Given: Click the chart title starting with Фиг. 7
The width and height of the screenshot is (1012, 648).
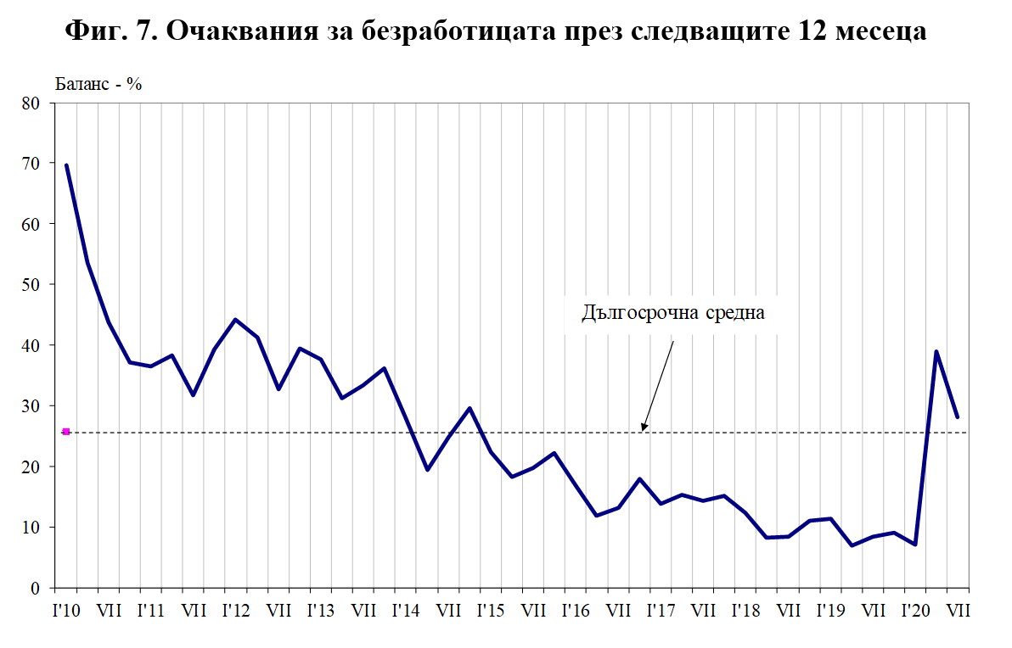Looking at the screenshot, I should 495,32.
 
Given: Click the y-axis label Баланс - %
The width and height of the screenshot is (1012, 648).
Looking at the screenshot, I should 98,84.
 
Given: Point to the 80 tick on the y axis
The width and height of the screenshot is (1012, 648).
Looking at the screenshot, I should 32,103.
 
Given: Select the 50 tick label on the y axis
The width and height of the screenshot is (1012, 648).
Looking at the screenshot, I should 32,285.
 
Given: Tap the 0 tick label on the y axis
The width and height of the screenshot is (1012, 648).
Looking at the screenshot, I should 37,588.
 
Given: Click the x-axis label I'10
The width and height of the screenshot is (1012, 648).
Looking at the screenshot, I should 66,610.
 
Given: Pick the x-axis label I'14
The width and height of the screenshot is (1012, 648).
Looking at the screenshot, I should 406,610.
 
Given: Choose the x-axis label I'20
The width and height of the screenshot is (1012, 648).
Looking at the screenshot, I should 915,610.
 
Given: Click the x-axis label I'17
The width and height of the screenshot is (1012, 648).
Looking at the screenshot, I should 661,610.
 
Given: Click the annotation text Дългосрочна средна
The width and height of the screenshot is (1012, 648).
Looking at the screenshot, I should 674,313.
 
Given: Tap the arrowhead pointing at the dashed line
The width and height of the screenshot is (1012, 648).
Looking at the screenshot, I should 644,427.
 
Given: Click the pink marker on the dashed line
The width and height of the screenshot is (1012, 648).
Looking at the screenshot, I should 66,432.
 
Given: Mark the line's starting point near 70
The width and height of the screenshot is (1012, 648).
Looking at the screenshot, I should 66,165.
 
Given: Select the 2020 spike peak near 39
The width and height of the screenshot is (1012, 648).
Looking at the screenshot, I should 936,351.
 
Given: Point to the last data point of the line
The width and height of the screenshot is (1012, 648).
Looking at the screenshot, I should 958,416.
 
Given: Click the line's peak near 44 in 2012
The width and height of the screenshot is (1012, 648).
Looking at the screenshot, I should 235,320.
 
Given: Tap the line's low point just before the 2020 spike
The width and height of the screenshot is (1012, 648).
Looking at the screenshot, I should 915,545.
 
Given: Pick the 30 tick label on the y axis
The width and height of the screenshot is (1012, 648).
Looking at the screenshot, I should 32,406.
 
